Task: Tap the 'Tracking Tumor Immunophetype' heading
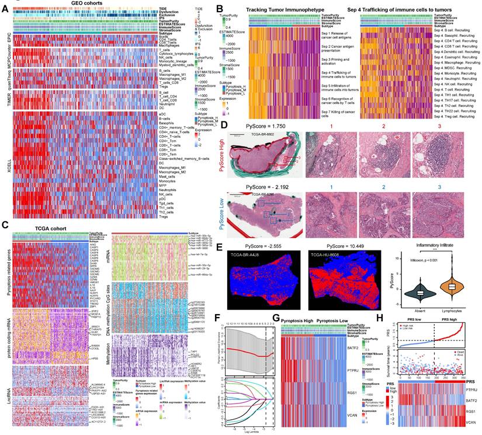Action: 279,11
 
